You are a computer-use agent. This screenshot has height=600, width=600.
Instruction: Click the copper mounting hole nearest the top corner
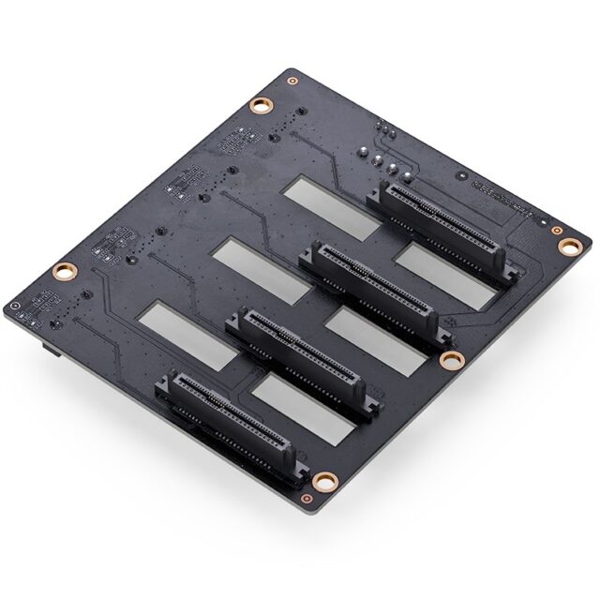tap(260, 104)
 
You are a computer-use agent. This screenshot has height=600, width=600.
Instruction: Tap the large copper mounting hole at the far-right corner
tap(569, 246)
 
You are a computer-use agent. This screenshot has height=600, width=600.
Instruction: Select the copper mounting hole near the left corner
tap(63, 272)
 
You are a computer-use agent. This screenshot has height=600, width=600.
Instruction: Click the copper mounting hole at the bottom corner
tap(324, 482)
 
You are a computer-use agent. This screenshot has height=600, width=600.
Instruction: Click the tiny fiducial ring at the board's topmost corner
tap(292, 81)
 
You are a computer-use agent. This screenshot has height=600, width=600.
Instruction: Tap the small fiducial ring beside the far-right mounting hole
tap(557, 230)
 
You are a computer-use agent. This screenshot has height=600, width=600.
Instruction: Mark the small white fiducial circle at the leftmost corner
tap(13, 307)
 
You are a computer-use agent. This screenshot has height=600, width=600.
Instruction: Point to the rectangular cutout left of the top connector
tap(333, 205)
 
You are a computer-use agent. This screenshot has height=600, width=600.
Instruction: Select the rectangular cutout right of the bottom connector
tap(303, 409)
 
